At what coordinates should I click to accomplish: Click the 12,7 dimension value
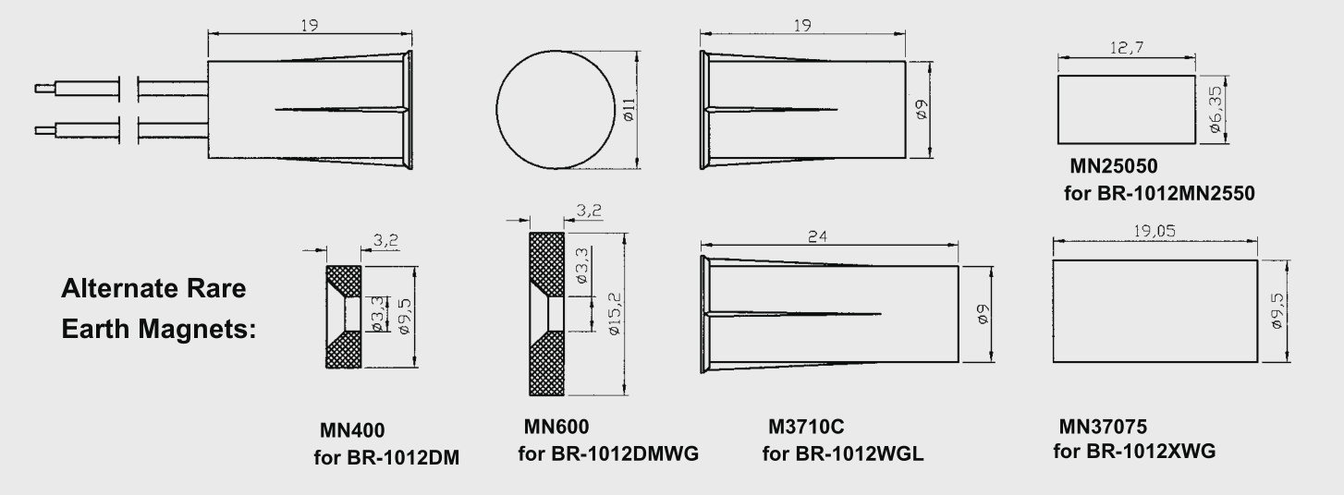1126,47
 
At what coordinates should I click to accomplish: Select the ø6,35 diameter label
1215,109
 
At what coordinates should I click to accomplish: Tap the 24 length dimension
817,236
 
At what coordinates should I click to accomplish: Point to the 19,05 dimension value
1155,231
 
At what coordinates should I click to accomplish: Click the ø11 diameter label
629,110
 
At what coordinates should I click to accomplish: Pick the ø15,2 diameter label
615,313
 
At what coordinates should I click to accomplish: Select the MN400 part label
352,430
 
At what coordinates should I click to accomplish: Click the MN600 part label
556,427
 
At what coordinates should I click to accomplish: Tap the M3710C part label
806,427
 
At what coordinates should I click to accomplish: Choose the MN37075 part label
1103,427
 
